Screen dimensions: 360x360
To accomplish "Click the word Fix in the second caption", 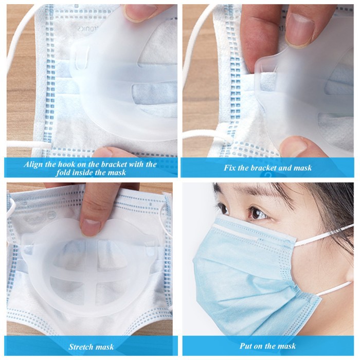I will [x=231, y=168].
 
